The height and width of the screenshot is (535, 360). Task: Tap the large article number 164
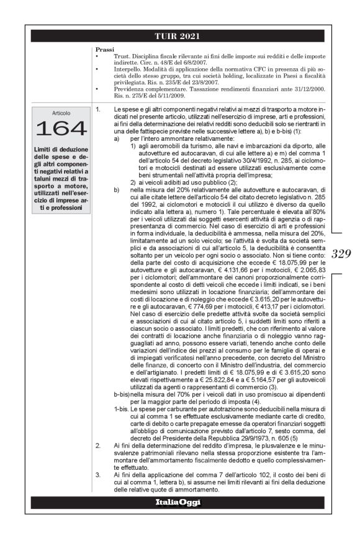[61, 129]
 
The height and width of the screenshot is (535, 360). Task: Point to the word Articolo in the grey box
[61, 114]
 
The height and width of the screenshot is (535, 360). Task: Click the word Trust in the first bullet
[120, 55]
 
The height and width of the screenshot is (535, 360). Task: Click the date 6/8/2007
[189, 61]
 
